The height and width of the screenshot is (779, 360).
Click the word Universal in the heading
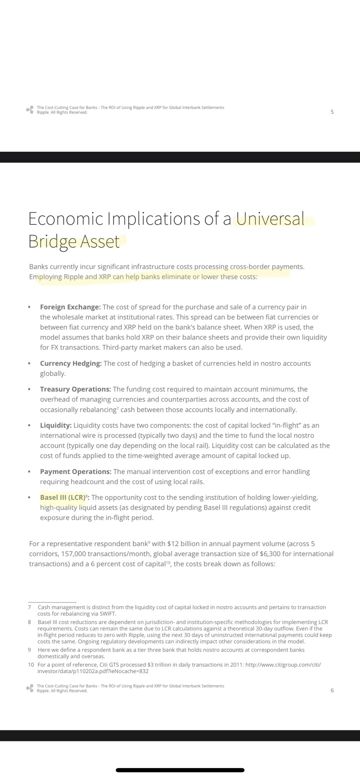(270, 219)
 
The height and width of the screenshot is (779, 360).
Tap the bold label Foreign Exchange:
(70, 307)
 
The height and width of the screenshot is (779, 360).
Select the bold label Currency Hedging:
(71, 363)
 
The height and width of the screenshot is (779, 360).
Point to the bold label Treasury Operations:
(75, 389)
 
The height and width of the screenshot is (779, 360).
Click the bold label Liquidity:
(56, 425)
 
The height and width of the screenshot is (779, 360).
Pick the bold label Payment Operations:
(76, 472)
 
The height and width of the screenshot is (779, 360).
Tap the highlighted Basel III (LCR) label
(62, 498)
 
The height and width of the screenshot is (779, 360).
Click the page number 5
(332, 112)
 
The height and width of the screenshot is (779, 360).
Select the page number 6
(332, 690)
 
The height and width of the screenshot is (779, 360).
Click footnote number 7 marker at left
(30, 607)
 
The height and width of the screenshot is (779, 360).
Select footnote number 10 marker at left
(31, 665)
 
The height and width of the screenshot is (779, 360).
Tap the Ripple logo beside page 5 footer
(30, 110)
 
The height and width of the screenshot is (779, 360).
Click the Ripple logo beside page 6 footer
(30, 688)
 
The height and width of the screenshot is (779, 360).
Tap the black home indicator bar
(180, 770)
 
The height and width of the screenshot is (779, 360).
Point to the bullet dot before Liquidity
(29, 425)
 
